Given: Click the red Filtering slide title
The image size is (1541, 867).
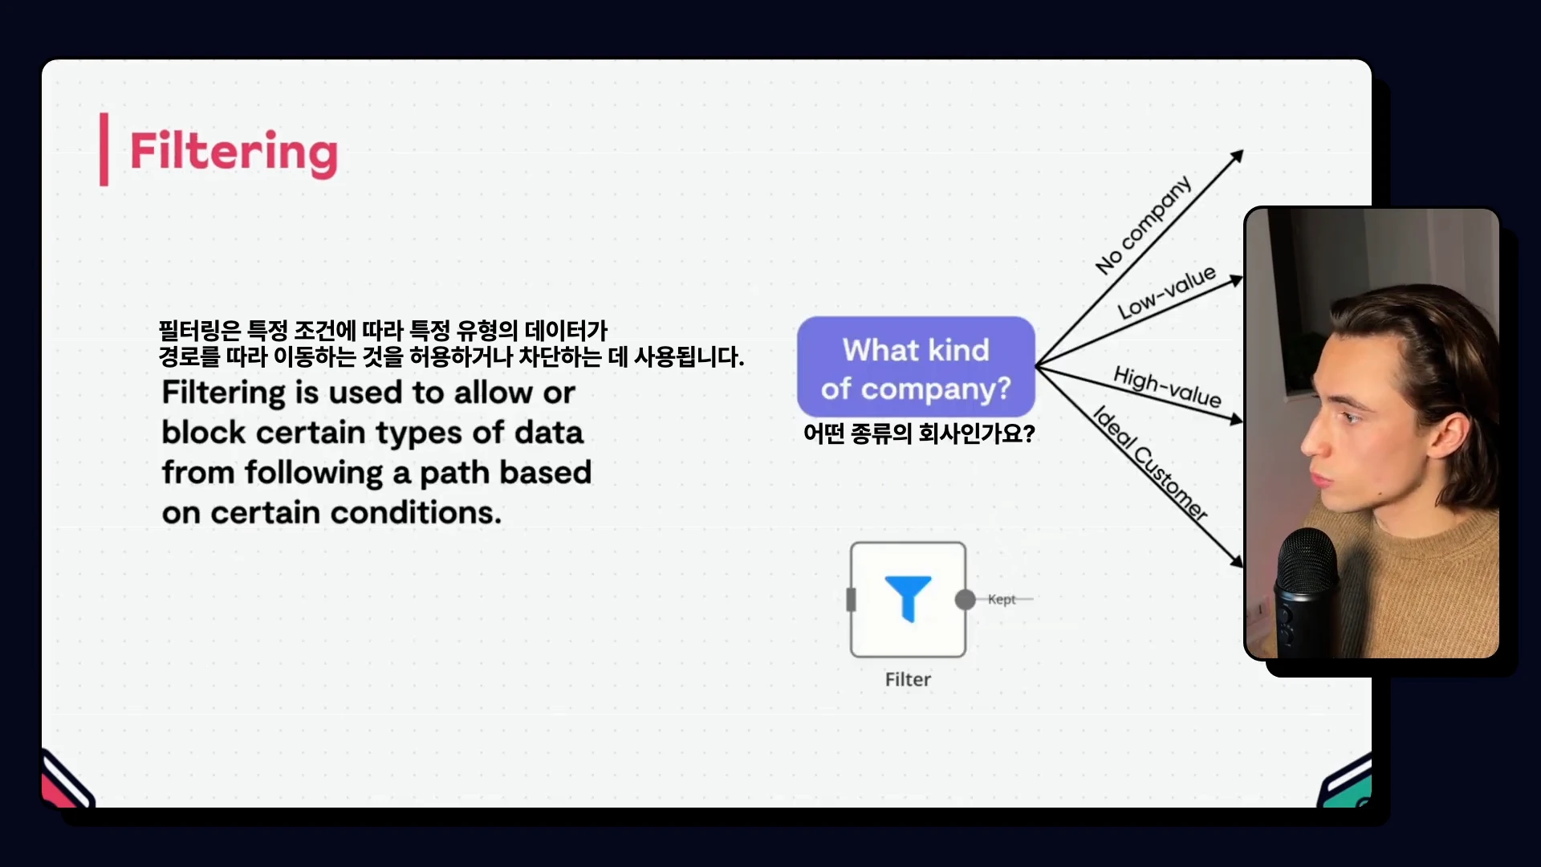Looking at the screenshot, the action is click(x=234, y=152).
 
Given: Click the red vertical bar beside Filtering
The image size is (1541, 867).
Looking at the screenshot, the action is click(x=104, y=149).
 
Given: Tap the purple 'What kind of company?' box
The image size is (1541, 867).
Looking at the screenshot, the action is click(x=916, y=367).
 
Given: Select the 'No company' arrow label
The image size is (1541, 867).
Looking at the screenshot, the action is click(x=1144, y=225).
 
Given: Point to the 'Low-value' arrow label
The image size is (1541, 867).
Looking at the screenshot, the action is click(x=1167, y=292).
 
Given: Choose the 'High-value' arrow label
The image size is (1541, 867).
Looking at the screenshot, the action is click(x=1168, y=386).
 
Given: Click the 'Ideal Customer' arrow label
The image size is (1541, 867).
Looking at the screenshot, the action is click(x=1150, y=463).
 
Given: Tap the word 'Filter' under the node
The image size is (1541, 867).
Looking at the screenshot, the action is click(x=908, y=679).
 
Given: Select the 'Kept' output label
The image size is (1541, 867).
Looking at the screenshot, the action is click(x=1002, y=599).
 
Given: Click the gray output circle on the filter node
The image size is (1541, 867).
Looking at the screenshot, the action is click(x=966, y=600).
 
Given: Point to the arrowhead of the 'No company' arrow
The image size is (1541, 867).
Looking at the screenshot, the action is click(x=1238, y=155).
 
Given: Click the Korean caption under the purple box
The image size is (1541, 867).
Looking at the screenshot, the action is click(x=919, y=433).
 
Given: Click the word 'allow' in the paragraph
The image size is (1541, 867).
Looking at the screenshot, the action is click(x=493, y=393).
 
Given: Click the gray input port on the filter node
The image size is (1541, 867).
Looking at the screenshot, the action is click(x=852, y=600).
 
